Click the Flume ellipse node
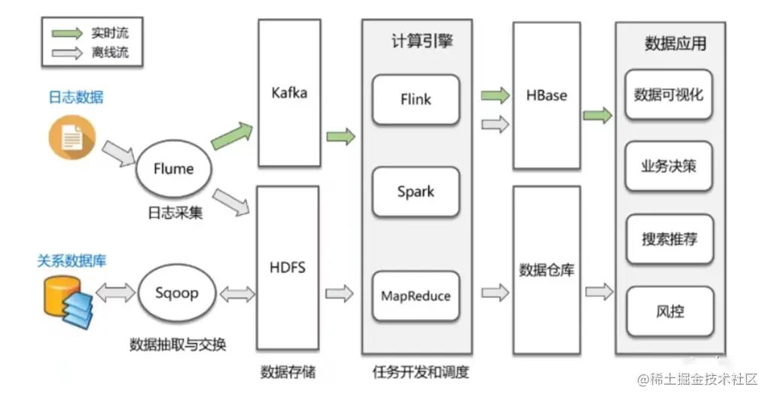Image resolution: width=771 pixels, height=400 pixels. coord(174,168)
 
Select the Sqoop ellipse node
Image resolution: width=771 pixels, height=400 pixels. coord(177,293)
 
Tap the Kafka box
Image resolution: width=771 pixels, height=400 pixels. coord(290,92)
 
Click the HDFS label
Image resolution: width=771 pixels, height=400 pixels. coord(288,268)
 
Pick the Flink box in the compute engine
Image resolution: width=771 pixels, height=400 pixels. coord(416,100)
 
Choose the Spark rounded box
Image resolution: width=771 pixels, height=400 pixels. coord(416,192)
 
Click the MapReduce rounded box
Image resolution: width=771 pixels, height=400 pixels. coord(416,296)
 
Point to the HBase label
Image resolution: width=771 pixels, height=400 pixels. coord(547,95)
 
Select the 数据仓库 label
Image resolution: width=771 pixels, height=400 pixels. coord(547,269)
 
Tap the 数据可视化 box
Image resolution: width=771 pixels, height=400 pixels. coord(669,95)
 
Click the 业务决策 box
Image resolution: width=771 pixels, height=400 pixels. coord(669,166)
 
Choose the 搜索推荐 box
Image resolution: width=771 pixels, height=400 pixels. coord(669,239)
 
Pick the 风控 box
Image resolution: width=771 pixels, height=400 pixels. coord(670,311)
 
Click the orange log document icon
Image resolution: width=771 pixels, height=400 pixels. coord(72,138)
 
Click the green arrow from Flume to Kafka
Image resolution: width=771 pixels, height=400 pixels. coord(232,136)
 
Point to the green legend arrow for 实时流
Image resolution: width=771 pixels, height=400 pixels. coord(67,33)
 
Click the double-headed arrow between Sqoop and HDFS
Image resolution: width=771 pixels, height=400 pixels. coord(237,294)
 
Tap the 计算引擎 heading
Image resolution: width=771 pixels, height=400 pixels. coord(422,41)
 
